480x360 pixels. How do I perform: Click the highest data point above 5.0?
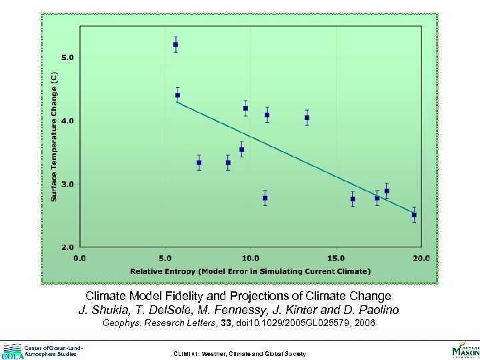point(175,45)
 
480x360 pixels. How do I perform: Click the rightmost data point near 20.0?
point(414,215)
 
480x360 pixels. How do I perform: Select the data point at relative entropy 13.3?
point(307,118)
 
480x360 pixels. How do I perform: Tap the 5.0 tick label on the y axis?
point(67,57)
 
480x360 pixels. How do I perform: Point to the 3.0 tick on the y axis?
point(67,184)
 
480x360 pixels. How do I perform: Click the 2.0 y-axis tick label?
point(67,247)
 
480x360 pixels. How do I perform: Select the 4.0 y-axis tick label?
point(67,121)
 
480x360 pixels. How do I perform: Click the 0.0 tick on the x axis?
point(79,257)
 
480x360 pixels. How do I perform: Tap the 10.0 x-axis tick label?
point(250,257)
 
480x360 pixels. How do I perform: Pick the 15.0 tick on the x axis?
point(335,257)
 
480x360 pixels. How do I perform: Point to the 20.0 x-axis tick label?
point(421,257)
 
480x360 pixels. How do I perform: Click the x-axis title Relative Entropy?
point(250,271)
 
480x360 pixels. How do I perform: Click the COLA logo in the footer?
point(12,351)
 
